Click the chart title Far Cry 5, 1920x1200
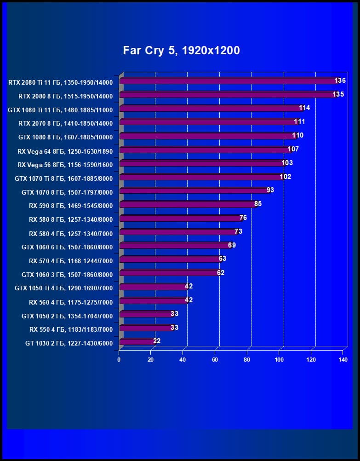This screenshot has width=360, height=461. click(181, 51)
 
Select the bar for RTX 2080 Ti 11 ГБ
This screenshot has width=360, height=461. click(229, 81)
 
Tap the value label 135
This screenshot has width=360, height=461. click(338, 95)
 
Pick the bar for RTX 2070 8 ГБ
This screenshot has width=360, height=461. click(209, 122)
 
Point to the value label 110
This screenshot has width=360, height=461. click(297, 136)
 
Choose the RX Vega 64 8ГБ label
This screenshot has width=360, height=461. click(65, 151)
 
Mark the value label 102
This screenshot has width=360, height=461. click(285, 177)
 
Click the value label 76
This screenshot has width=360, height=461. click(243, 218)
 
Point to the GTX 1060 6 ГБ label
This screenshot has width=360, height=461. click(67, 247)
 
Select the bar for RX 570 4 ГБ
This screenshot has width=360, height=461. click(170, 259)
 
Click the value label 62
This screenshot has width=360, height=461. click(221, 273)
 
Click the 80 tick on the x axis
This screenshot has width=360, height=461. click(247, 360)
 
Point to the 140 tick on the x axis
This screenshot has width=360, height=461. click(343, 360)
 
